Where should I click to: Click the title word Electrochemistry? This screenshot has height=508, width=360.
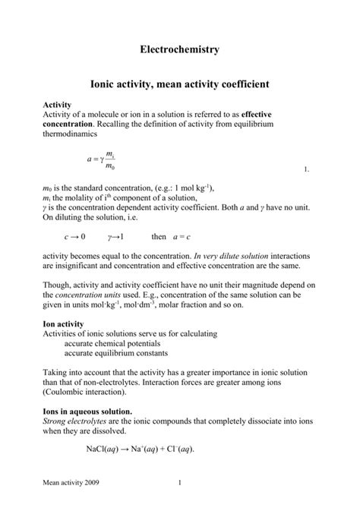179,49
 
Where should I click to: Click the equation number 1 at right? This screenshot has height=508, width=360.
305,170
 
